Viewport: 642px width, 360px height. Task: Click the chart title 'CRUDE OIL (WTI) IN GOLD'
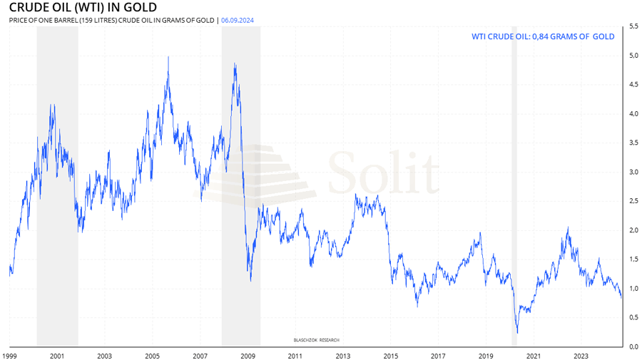pos(83,8)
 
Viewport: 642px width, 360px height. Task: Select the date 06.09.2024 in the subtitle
pos(238,21)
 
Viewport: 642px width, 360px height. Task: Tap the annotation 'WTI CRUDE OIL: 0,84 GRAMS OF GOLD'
pos(543,36)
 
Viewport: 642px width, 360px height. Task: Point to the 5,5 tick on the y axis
pos(633,26)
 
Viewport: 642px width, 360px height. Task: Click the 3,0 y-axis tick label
pos(633,172)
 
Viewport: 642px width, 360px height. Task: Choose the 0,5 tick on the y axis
pos(633,317)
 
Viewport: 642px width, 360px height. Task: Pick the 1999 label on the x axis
pos(9,355)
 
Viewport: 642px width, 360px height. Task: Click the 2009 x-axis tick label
pos(248,355)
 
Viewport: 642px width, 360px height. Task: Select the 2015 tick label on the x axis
pos(390,355)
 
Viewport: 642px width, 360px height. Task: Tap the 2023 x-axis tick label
pos(581,355)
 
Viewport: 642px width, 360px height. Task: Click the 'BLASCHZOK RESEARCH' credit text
pos(317,340)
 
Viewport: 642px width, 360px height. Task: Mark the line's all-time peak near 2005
pos(168,57)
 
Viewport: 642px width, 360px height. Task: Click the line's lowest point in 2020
pos(517,332)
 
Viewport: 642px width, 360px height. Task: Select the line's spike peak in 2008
pos(235,64)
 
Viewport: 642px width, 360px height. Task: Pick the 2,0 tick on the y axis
pos(633,230)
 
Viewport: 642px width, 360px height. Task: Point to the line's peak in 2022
pos(568,228)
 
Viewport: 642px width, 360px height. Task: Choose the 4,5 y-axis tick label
pos(633,85)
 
